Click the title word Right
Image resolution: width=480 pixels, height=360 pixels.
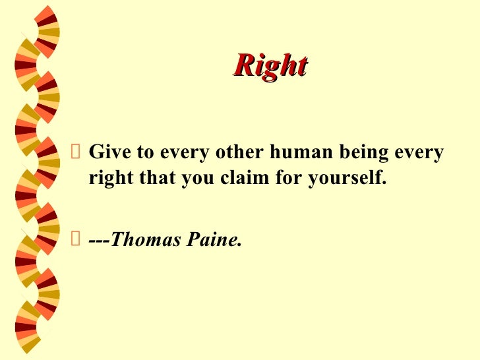pos(270,65)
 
